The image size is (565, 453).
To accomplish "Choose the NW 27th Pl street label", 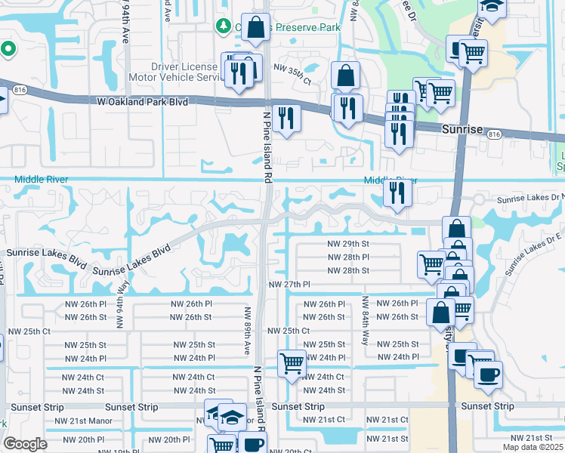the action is point(290,285).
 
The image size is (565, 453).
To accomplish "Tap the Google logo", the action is point(25,444).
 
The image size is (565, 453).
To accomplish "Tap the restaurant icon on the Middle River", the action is point(396,193).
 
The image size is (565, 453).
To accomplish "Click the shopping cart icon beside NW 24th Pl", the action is point(291,363).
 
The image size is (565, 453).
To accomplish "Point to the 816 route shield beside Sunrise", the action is point(495,134).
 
